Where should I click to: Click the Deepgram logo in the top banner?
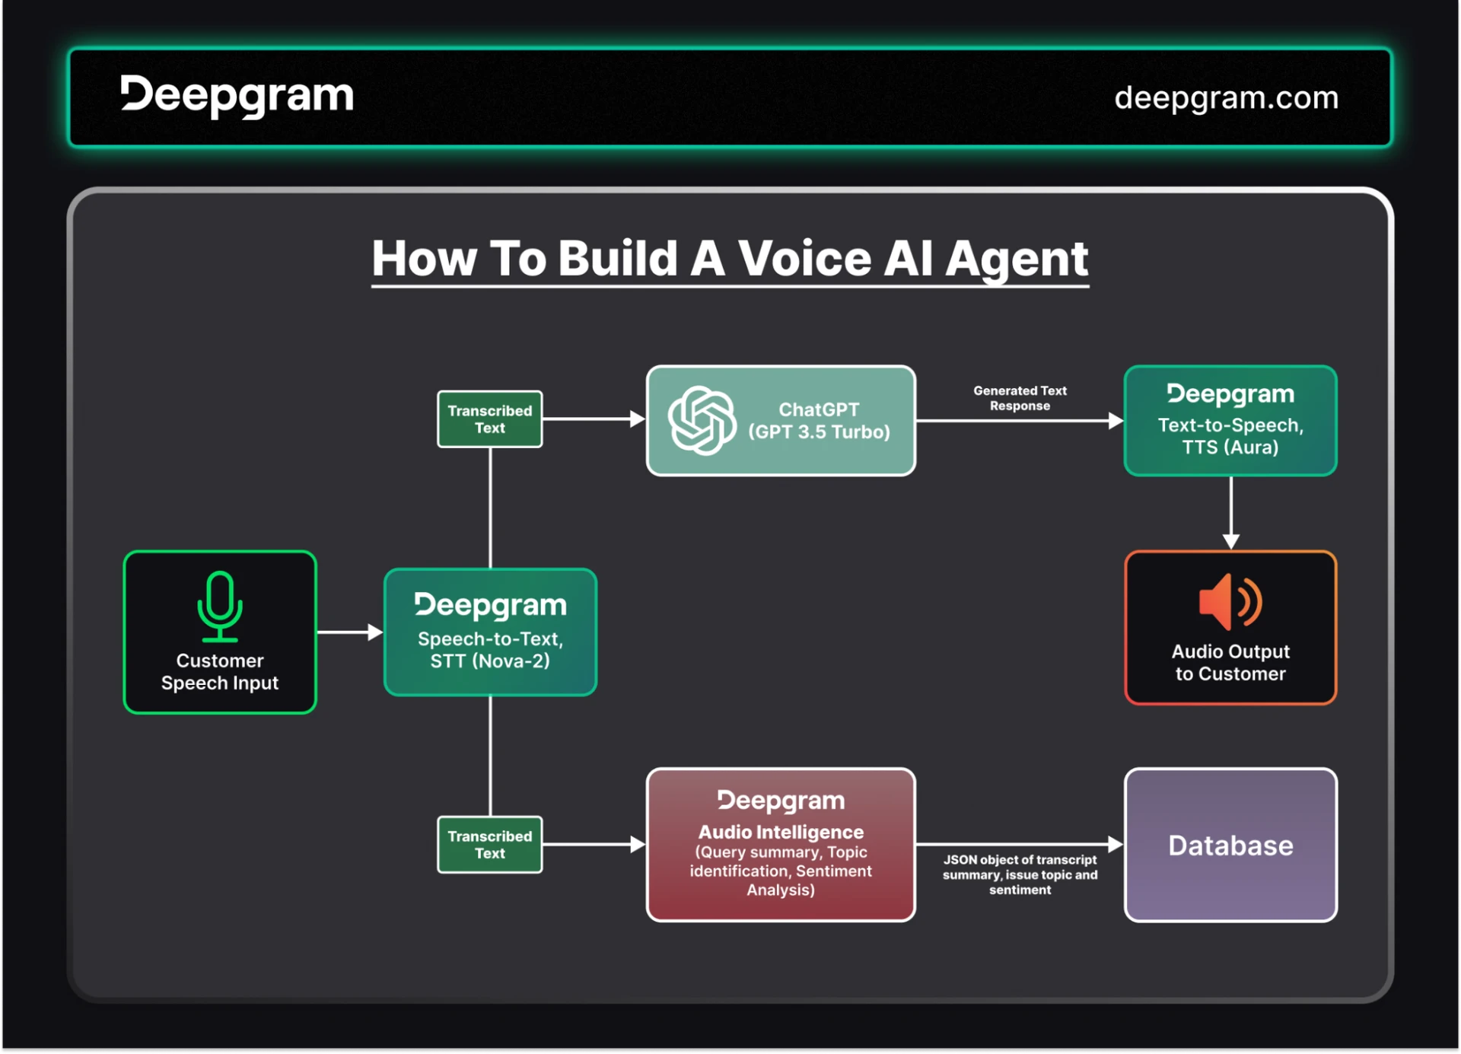237,96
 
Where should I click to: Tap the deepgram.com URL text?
1226,97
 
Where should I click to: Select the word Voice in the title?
805,259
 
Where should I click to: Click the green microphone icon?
220,607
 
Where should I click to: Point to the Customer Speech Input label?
220,672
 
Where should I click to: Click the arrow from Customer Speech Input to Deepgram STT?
349,632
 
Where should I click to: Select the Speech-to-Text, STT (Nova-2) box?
490,632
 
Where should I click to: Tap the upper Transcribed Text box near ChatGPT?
489,419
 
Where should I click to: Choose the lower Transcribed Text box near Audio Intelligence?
489,845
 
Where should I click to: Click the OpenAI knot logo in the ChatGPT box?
702,420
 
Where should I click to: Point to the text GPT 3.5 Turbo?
819,432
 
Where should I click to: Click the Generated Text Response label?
1020,398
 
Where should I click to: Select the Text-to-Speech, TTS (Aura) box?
1230,421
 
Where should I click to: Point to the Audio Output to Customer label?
1230,663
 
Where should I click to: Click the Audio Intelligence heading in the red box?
781,832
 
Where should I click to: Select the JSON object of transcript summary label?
1020,874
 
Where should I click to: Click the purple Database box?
1230,845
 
